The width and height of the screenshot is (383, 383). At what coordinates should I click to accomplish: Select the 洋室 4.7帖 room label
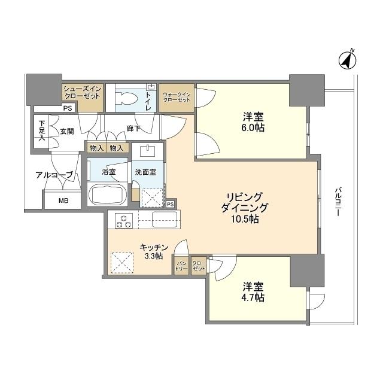(x=253, y=292)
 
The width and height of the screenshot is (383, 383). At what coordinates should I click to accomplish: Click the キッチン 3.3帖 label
(x=153, y=251)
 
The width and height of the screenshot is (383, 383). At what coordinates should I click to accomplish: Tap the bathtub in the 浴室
(x=107, y=194)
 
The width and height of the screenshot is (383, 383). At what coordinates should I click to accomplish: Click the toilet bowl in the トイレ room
(x=127, y=99)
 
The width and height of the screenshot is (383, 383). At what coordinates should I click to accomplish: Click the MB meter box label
(x=63, y=201)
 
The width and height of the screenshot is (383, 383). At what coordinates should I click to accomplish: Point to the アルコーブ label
(x=54, y=175)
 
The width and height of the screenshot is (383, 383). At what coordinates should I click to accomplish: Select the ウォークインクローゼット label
(x=177, y=96)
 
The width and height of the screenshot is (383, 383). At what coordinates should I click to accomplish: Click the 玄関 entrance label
(x=66, y=132)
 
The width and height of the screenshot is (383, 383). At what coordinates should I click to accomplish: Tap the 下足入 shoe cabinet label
(x=41, y=130)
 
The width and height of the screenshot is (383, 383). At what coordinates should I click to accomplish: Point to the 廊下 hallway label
(x=133, y=128)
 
